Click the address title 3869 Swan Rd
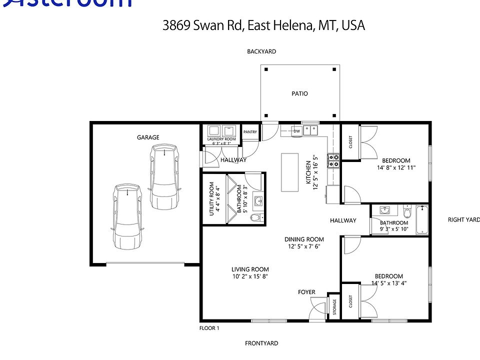tap(263, 25)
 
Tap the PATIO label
tap(299, 93)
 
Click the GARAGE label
tap(148, 137)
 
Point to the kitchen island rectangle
tap(288, 172)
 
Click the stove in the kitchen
tap(333, 160)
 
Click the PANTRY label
tap(250, 132)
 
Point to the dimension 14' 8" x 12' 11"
tap(396, 167)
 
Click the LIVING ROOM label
tap(250, 269)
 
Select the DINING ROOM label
tap(304, 239)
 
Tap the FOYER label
tap(306, 291)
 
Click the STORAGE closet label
tap(334, 308)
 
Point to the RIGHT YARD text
tap(463, 219)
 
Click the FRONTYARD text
tap(261, 343)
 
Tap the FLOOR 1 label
tap(209, 328)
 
